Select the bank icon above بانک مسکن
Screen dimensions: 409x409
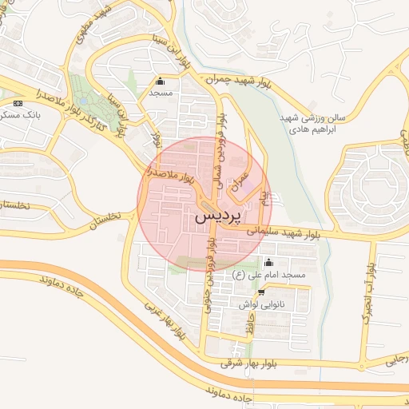point(18,103)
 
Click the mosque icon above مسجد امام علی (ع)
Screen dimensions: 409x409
point(268,264)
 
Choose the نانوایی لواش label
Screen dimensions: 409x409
point(260,304)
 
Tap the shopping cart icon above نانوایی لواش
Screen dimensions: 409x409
point(261,293)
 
